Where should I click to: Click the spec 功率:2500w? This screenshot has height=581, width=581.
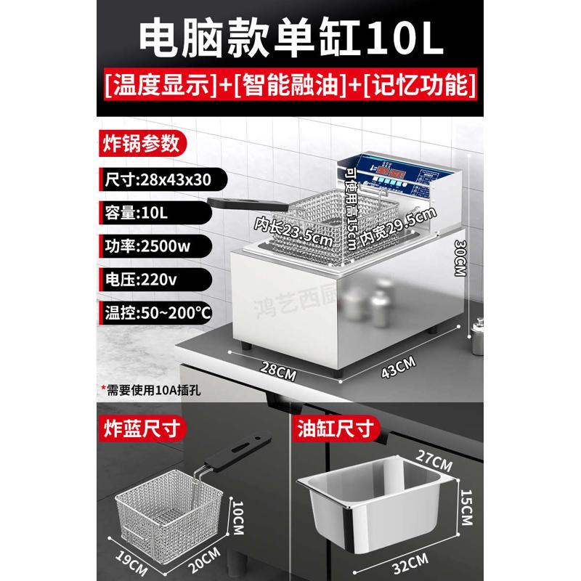pos(146,246)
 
